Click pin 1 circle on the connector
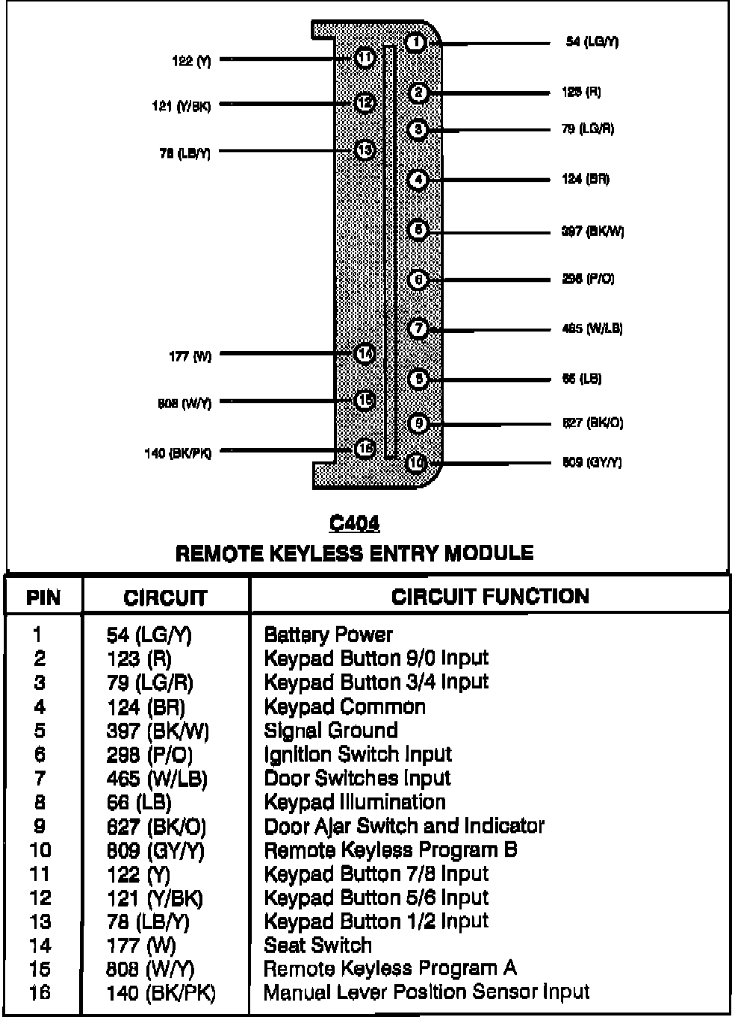pyautogui.click(x=416, y=43)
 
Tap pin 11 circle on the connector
pyautogui.click(x=365, y=57)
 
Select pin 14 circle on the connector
pyautogui.click(x=365, y=353)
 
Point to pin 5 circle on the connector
pyautogui.click(x=418, y=230)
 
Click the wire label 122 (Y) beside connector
pyautogui.click(x=192, y=62)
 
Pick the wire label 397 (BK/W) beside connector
pyautogui.click(x=592, y=231)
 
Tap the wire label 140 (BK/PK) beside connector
pyautogui.click(x=178, y=453)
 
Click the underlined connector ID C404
pyautogui.click(x=354, y=524)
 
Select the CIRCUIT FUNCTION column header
pyautogui.click(x=490, y=596)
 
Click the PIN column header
pyautogui.click(x=43, y=597)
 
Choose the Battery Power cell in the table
pyautogui.click(x=328, y=635)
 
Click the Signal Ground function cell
pyautogui.click(x=331, y=730)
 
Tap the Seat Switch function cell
pyautogui.click(x=318, y=945)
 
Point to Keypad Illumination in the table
pyautogui.click(x=355, y=802)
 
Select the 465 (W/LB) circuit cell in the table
pyautogui.click(x=157, y=779)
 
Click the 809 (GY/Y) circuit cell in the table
pyautogui.click(x=155, y=850)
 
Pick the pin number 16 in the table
pyautogui.click(x=40, y=994)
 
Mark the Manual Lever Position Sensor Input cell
pyautogui.click(x=427, y=992)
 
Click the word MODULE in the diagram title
pyautogui.click(x=489, y=553)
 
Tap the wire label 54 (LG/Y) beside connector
pyautogui.click(x=592, y=43)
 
